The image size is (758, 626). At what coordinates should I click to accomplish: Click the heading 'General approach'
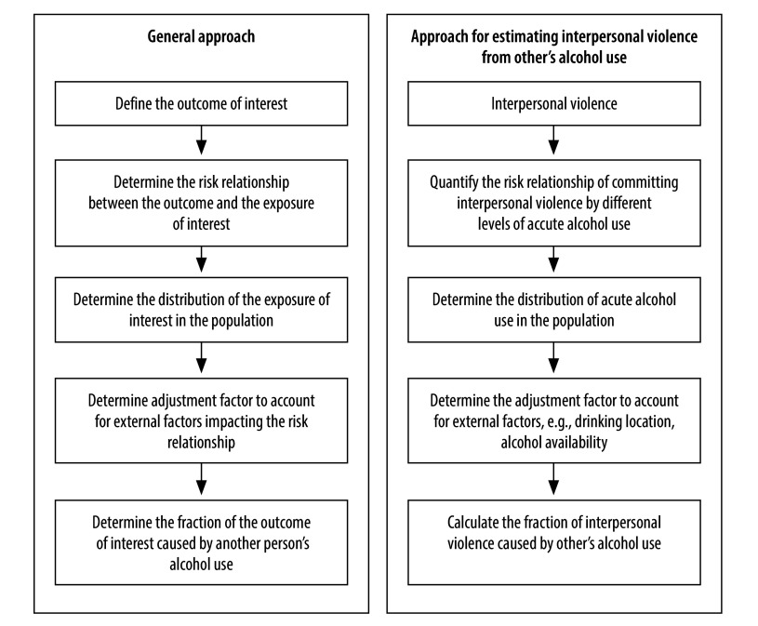coord(201,36)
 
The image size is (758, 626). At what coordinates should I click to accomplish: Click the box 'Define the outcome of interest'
coord(201,103)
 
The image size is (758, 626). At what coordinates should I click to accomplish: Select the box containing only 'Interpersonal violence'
coord(554,103)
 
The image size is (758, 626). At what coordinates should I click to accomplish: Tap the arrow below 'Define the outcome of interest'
coord(201,140)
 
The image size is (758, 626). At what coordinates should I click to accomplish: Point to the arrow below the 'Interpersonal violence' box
coord(554,140)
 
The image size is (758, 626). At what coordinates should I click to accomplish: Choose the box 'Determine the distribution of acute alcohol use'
coord(554,310)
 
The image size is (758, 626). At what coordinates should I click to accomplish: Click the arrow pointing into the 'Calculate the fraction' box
coord(554,478)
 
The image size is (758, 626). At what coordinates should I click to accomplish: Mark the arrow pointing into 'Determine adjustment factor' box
coord(201,358)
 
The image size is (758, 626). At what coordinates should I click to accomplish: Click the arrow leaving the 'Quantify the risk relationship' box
coord(554,260)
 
